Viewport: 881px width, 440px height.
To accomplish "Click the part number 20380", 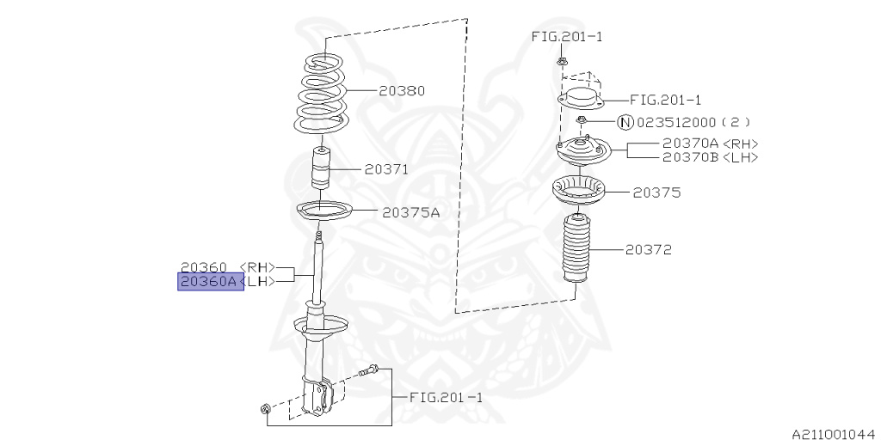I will coord(402,90).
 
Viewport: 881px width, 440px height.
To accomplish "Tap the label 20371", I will coord(386,170).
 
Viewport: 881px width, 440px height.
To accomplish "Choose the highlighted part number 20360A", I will coord(208,281).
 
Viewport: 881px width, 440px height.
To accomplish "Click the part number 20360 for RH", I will coord(204,267).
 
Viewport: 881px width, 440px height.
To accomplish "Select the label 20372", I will coord(649,250).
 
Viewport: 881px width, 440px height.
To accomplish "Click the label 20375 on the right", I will coord(656,193).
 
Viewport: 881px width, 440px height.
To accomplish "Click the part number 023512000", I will coord(676,121).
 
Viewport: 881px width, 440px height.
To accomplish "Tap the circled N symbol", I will coord(625,121).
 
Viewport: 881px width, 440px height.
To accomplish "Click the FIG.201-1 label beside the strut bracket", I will coord(446,398).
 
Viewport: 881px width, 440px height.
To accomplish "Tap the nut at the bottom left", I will coord(265,406).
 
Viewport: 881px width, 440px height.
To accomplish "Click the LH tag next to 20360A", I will coord(259,281).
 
